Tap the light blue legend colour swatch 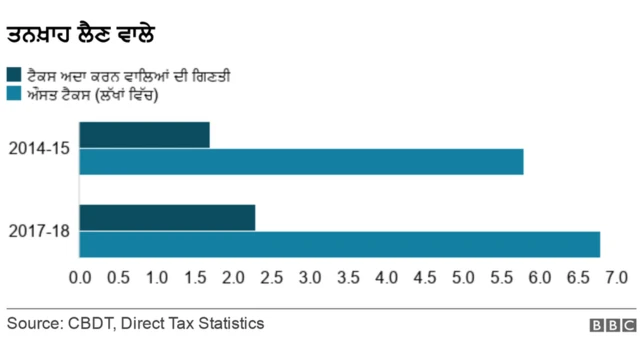click(x=14, y=95)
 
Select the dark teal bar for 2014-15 click(x=144, y=135)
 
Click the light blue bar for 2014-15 click(x=300, y=161)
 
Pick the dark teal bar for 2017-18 click(x=167, y=217)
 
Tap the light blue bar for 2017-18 click(x=339, y=244)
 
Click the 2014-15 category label click(x=39, y=149)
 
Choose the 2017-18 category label click(x=39, y=231)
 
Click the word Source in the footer click(x=33, y=323)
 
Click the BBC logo click(x=612, y=325)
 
